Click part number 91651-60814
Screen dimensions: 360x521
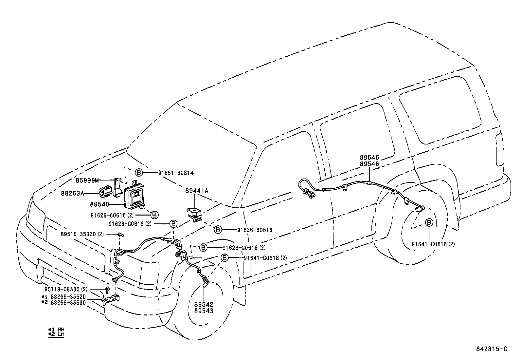(178, 173)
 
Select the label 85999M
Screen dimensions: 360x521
(87, 180)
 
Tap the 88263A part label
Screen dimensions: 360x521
(72, 193)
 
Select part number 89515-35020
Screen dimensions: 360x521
(82, 234)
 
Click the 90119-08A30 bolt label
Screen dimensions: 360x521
(66, 289)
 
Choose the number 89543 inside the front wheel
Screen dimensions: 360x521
(204, 311)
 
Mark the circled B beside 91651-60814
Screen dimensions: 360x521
(138, 173)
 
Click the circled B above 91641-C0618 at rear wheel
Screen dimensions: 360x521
(429, 222)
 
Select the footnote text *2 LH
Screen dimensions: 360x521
(56, 334)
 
